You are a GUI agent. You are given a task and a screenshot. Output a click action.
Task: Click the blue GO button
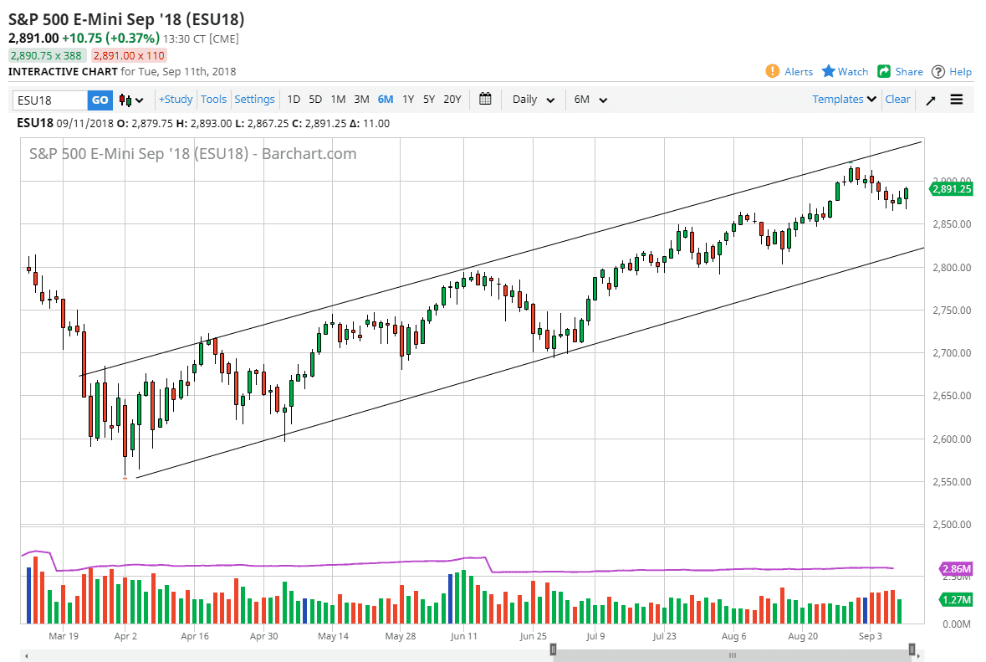pos(100,100)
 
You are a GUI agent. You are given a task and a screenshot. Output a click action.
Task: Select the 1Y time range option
pos(408,100)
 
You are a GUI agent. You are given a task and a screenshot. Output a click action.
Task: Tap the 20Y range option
pos(452,100)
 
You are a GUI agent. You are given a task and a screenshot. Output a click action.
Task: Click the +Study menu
pos(176,100)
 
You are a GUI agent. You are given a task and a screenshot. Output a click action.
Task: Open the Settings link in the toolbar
pos(254,100)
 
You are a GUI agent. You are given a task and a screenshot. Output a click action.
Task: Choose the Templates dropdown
pos(844,100)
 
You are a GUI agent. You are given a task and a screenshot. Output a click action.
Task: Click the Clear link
pos(897,100)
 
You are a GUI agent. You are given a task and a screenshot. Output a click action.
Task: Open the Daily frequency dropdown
pos(533,100)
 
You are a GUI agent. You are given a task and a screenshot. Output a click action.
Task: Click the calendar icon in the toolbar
pos(485,99)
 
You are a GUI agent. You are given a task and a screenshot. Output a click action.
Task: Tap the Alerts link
pos(789,72)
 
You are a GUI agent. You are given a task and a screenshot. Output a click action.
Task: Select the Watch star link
pos(845,72)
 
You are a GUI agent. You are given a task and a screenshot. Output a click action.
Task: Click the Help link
pos(952,72)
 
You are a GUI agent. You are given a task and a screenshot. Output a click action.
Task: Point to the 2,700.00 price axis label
pos(952,353)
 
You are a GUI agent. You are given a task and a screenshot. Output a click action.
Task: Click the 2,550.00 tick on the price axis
pos(952,482)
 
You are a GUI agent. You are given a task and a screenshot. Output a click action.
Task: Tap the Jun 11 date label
pos(464,636)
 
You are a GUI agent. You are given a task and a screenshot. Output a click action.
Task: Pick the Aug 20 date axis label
pos(803,636)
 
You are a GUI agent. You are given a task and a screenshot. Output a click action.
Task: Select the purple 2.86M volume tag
pos(956,569)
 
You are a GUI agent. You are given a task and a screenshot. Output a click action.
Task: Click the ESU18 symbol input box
pos(50,100)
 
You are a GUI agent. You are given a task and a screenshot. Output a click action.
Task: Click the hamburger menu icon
pos(957,100)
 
